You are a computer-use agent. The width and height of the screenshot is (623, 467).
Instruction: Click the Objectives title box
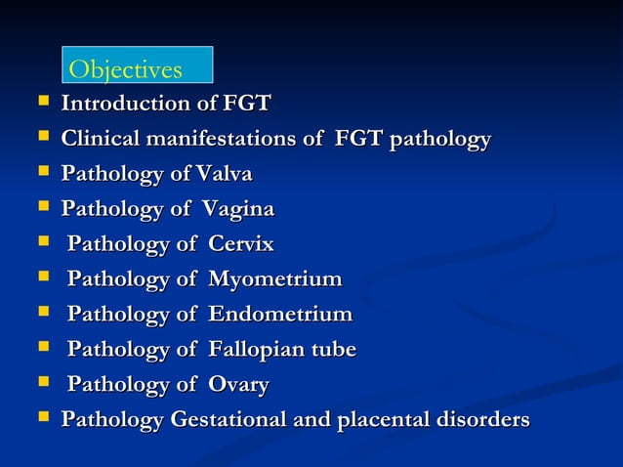137,65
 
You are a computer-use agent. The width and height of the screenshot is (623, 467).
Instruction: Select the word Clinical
102,139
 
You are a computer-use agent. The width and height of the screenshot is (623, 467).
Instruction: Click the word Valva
224,174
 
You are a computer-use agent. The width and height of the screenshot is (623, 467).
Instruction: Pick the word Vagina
237,209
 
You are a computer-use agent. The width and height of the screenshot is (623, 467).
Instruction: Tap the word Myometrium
274,279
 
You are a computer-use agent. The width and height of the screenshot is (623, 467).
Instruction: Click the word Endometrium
279,315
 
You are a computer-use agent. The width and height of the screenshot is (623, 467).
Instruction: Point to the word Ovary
237,385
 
